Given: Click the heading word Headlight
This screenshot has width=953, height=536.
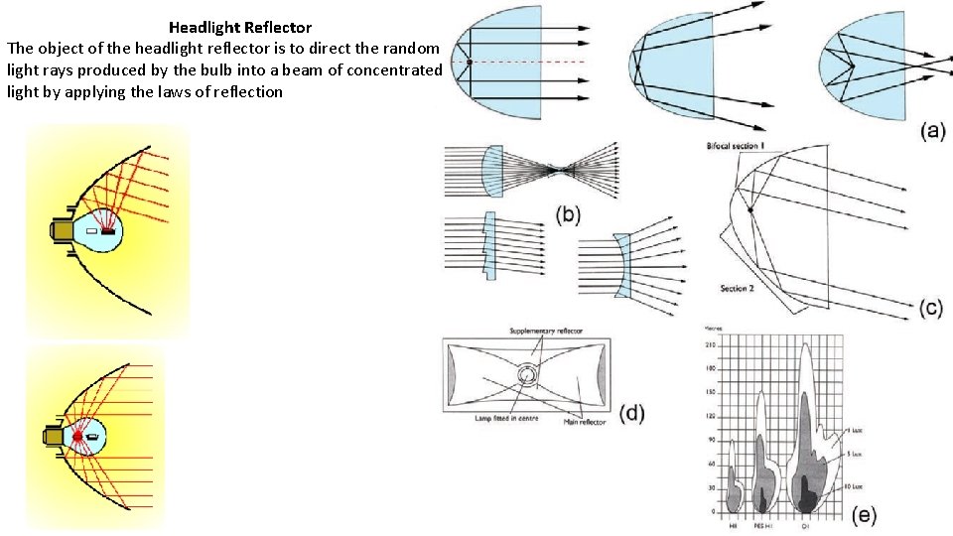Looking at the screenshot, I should [x=204, y=28].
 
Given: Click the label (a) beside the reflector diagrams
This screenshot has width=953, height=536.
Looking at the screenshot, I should [x=931, y=130].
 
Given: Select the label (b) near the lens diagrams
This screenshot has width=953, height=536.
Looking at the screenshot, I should [x=568, y=214].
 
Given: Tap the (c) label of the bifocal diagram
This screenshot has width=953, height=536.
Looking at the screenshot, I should [x=930, y=308].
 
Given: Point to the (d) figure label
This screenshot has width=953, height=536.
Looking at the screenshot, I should [x=631, y=412].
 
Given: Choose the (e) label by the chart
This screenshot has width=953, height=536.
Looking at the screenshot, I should [x=865, y=514].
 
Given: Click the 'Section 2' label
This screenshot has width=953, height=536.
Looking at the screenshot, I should [x=738, y=288].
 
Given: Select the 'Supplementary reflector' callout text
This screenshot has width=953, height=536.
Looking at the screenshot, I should [x=546, y=331].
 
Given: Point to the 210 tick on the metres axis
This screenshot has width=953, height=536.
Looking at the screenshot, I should [x=711, y=343].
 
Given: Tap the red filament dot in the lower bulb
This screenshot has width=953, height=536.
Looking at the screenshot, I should [x=77, y=437].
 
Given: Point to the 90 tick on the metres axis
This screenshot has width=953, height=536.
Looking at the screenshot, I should [x=711, y=440].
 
